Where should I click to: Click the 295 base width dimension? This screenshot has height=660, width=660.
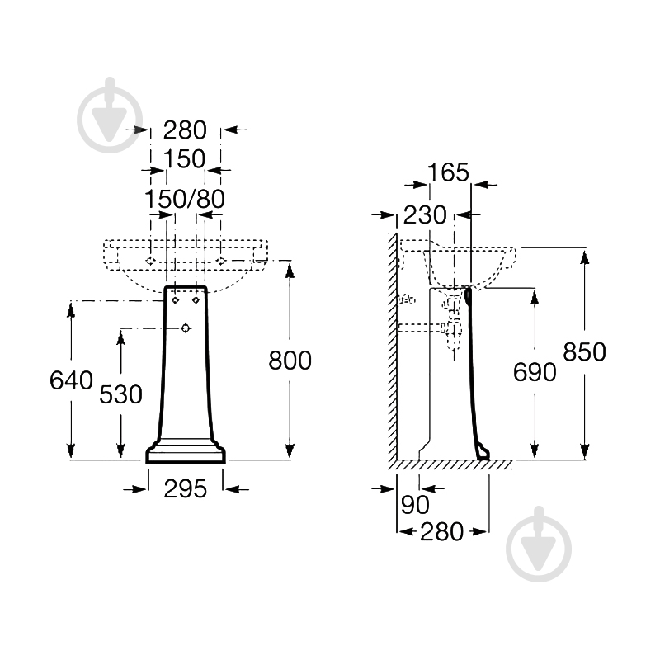185,489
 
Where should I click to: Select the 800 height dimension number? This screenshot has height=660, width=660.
290,361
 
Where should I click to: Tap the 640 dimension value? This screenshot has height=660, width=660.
71,380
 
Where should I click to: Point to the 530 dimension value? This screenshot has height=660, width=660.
120,394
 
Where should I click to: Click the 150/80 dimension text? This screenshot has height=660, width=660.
185,199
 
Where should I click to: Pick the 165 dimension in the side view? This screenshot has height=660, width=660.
448,172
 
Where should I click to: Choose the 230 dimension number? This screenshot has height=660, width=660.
425,214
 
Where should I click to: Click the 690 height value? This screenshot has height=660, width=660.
535,372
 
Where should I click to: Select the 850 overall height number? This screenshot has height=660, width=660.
584,352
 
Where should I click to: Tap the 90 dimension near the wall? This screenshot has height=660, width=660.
415,504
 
